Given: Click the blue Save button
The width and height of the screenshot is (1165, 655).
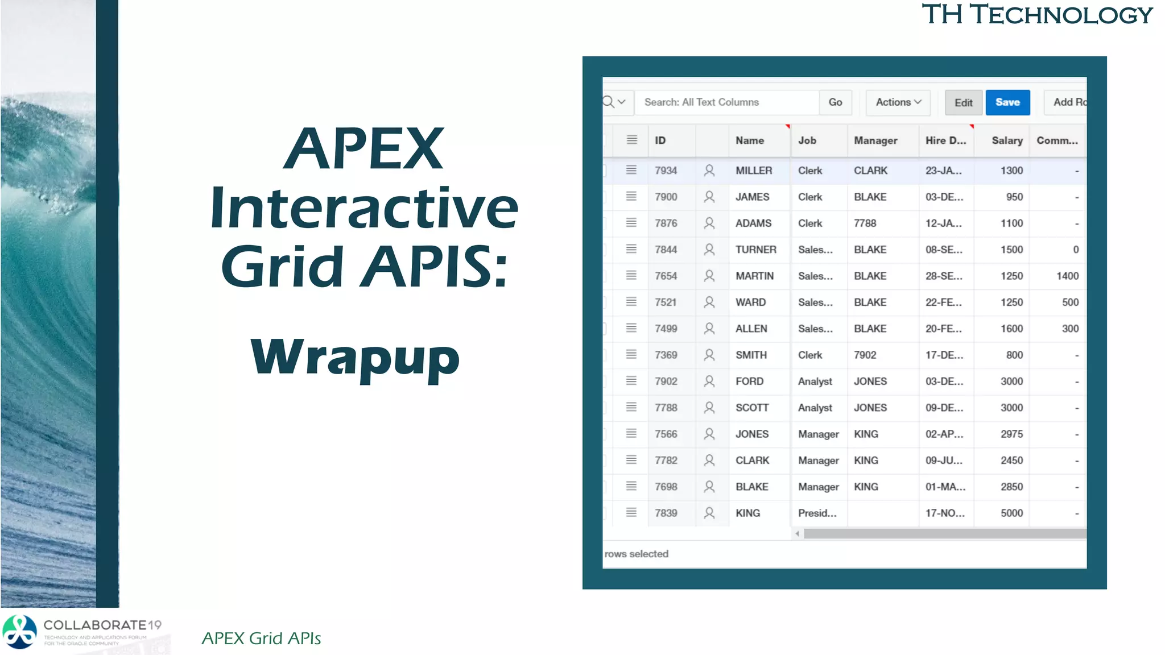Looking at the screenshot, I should pyautogui.click(x=1007, y=102).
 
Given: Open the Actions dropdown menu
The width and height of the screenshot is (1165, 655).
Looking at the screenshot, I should pyautogui.click(x=898, y=102).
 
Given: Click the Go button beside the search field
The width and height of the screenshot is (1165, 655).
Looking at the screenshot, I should pyautogui.click(x=835, y=102).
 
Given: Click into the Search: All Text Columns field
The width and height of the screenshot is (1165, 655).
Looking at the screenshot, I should pyautogui.click(x=726, y=102).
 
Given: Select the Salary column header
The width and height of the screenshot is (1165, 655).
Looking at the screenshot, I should pyautogui.click(x=1006, y=140).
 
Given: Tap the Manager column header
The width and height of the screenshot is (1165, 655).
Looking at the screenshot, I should pyautogui.click(x=875, y=140).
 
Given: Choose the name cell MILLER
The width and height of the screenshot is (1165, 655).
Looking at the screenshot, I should pyautogui.click(x=754, y=171).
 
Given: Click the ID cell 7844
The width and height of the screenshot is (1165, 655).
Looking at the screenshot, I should pyautogui.click(x=666, y=250).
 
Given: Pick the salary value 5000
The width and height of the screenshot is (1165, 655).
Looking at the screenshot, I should pyautogui.click(x=1011, y=513).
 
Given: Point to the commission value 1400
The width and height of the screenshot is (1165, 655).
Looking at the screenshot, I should pyautogui.click(x=1067, y=276).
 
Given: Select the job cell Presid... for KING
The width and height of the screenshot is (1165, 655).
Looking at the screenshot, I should pyautogui.click(x=817, y=513).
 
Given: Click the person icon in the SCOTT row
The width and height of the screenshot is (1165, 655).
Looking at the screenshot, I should pyautogui.click(x=709, y=408).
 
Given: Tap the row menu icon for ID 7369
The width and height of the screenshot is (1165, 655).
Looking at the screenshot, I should pyautogui.click(x=631, y=354).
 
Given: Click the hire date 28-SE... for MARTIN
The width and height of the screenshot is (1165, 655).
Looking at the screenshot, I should pyautogui.click(x=944, y=276).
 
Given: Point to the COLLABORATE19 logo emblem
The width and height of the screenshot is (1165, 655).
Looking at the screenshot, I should pyautogui.click(x=20, y=632).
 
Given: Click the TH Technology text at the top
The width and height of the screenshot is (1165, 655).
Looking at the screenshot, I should pyautogui.click(x=1036, y=14).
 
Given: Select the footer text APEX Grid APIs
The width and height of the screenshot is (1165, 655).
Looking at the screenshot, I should pyautogui.click(x=261, y=639).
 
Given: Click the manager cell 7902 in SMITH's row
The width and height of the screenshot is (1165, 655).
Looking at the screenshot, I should pyautogui.click(x=865, y=355).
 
